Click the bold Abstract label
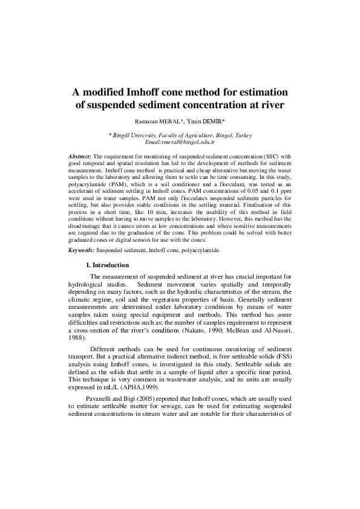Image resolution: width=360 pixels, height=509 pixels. click(x=80, y=155)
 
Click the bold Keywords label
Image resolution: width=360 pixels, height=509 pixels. click(x=81, y=249)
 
